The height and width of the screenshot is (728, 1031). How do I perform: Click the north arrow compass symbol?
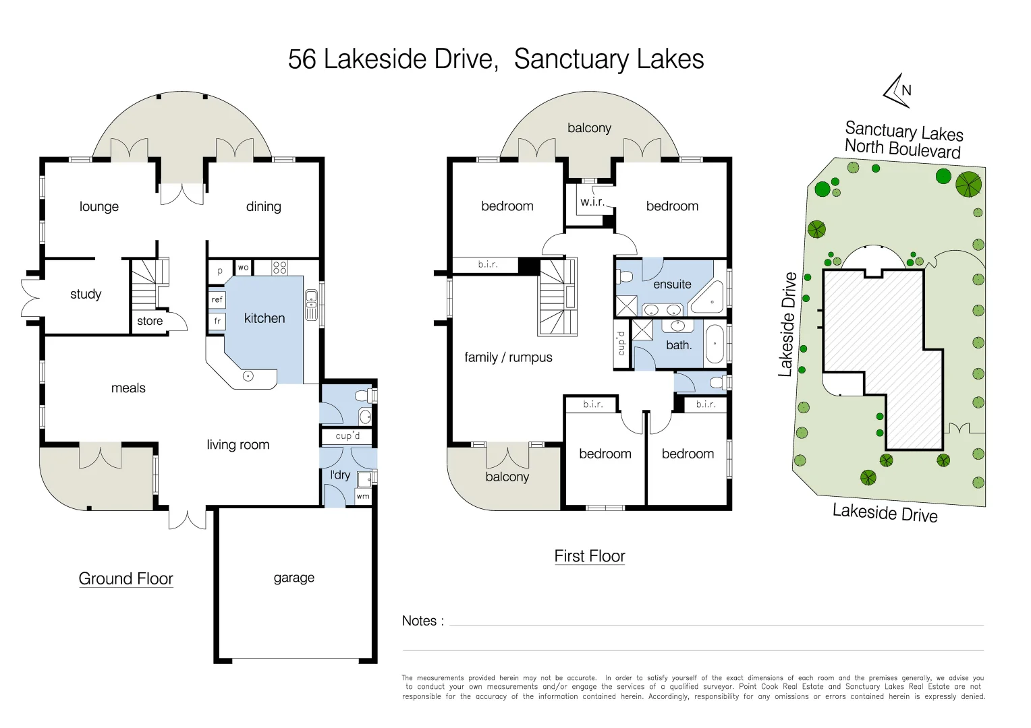pyautogui.click(x=898, y=90)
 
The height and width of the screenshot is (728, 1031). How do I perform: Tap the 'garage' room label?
pyautogui.click(x=294, y=578)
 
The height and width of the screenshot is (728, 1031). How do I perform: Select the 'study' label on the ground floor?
pyautogui.click(x=86, y=294)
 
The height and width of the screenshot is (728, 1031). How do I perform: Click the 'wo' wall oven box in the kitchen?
pyautogui.click(x=243, y=268)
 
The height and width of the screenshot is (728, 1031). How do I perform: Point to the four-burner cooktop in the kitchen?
pyautogui.click(x=279, y=268)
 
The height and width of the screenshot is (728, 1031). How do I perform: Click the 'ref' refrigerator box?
pyautogui.click(x=217, y=299)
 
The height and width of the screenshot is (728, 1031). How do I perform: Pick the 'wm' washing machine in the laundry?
pyautogui.click(x=363, y=496)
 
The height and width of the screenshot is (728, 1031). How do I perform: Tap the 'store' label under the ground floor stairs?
pyautogui.click(x=150, y=321)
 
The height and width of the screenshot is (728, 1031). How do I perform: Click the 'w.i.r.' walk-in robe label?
pyautogui.click(x=592, y=202)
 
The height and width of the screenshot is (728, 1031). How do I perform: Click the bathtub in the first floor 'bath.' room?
pyautogui.click(x=715, y=344)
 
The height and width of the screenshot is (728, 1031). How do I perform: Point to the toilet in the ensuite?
pyautogui.click(x=625, y=276)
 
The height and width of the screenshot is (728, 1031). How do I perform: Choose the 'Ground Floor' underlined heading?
pyautogui.click(x=126, y=579)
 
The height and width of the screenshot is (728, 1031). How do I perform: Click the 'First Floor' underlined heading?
pyautogui.click(x=589, y=556)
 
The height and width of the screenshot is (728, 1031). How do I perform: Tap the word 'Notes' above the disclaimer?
pyautogui.click(x=419, y=621)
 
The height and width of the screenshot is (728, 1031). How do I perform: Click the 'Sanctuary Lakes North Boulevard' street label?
pyautogui.click(x=903, y=139)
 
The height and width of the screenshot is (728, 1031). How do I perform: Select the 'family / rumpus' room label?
pyautogui.click(x=508, y=357)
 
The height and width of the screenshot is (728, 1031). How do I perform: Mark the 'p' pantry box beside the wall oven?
pyautogui.click(x=219, y=271)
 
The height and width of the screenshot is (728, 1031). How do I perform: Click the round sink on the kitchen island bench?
pyautogui.click(x=248, y=376)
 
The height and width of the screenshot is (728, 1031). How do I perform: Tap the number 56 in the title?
pyautogui.click(x=302, y=59)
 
